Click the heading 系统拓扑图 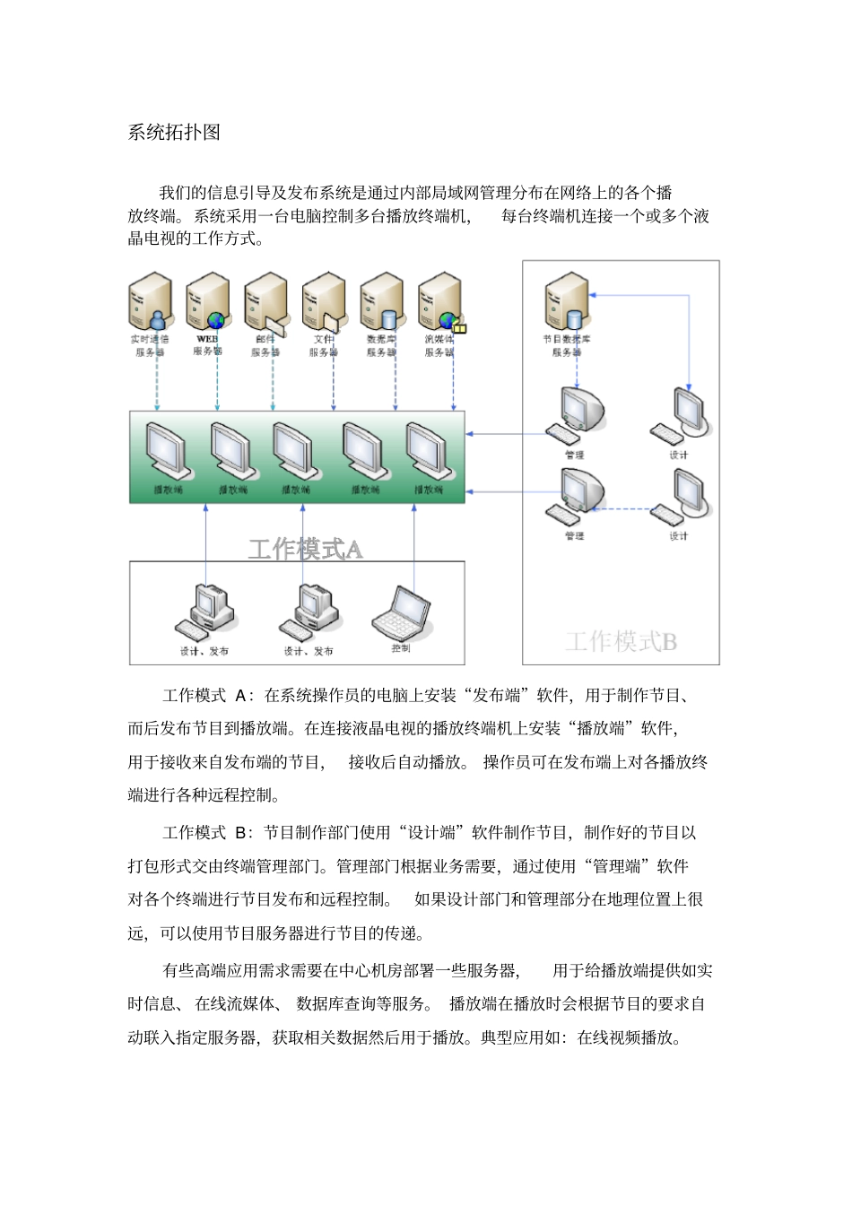tap(174, 133)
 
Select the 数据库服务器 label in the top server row tap(381, 345)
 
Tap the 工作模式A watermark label tap(305, 549)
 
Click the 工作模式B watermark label tap(621, 641)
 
